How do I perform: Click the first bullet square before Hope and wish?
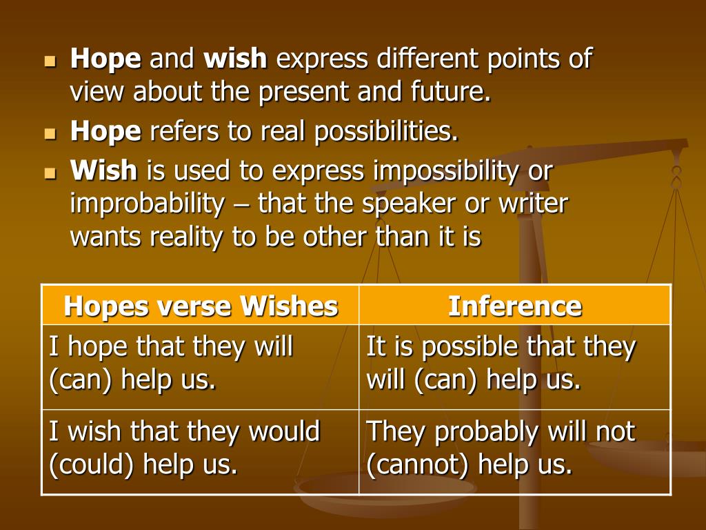click(x=50, y=61)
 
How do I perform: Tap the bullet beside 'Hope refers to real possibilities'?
click(x=50, y=134)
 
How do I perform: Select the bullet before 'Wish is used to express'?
click(x=50, y=173)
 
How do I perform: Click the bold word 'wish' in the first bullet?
click(x=235, y=59)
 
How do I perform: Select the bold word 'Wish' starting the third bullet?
click(x=103, y=170)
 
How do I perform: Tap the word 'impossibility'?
click(x=445, y=172)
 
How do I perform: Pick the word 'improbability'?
click(x=147, y=204)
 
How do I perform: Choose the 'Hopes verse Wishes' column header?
click(x=201, y=306)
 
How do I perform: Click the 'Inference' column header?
click(x=515, y=306)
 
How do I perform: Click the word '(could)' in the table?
click(x=92, y=464)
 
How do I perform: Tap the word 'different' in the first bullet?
click(x=423, y=59)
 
